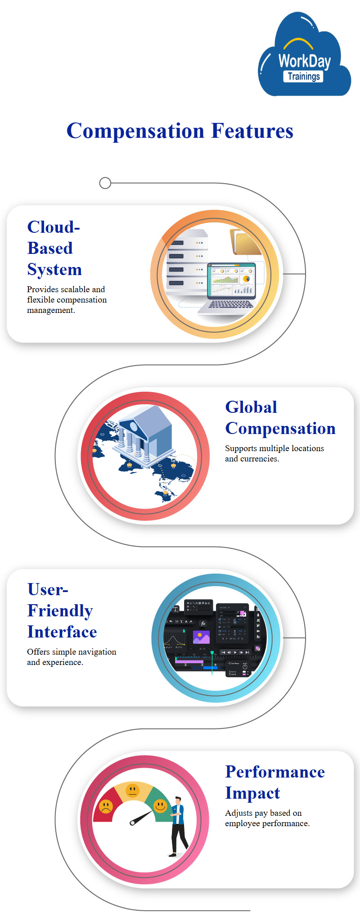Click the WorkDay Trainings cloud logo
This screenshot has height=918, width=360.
304,54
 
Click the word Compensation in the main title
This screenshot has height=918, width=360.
135,131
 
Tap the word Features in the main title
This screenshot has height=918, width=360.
252,131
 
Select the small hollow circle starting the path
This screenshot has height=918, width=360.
105,183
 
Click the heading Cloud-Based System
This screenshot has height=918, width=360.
54,248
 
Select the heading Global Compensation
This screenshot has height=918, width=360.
280,418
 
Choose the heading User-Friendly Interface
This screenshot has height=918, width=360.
62,610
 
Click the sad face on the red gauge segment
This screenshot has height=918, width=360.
106,806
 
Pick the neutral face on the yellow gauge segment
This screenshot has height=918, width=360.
132,790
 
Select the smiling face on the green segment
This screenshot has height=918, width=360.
160,805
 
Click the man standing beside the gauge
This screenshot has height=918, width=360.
178,827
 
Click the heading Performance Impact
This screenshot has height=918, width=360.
275,782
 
